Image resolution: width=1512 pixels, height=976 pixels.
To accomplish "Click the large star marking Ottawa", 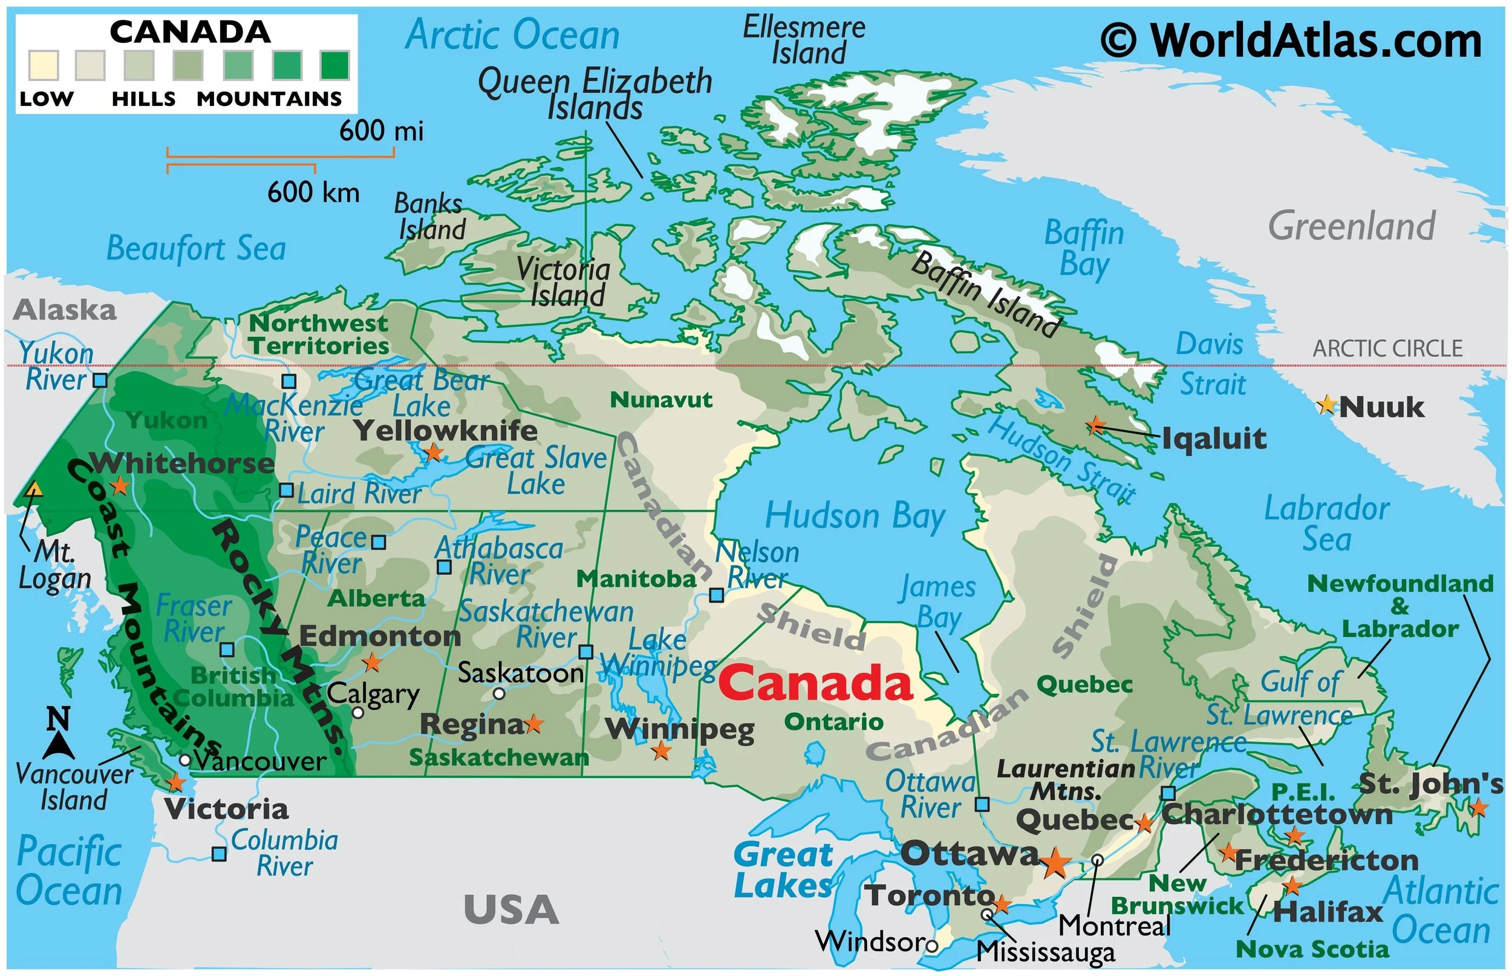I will pos(1055,863).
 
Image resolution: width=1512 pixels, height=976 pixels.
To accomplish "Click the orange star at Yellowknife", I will pos(433,453).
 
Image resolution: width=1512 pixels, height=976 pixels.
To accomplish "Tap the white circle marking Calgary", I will pos(358,712).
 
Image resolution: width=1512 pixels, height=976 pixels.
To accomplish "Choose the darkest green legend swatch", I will pos(334,65).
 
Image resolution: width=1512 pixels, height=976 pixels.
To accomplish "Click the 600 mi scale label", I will pos(380,131).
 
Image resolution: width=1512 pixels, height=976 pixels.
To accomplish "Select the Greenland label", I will pos(1352,226).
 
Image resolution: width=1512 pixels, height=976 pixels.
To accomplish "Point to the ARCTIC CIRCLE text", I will pos(1387,349).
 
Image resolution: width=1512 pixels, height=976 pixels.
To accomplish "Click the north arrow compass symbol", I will pos(59,735).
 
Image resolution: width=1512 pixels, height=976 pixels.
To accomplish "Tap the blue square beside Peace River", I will pos(378,543).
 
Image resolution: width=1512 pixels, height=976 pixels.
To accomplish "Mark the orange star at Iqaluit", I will pos(1095,425).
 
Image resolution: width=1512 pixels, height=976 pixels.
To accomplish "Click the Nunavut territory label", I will pos(660,400).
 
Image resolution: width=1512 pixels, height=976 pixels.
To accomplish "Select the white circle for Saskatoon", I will pos(499,693).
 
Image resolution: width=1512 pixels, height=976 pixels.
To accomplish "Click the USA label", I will pos(511,909).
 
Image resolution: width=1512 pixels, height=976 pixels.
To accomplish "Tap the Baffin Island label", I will pos(985,293).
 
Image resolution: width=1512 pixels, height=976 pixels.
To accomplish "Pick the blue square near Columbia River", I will pos(219,854).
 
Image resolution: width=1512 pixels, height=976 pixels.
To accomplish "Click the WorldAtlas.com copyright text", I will pos(1291,41).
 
